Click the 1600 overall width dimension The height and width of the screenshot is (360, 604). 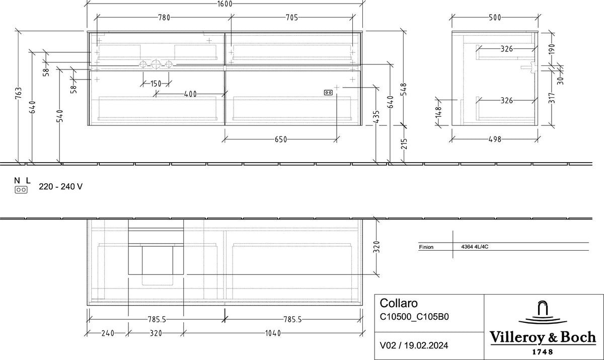[224, 4]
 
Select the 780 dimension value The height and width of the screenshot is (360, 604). [164, 18]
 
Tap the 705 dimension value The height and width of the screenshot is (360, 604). [292, 18]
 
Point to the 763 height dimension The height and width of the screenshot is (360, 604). [19, 93]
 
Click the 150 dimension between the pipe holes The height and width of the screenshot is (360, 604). [156, 84]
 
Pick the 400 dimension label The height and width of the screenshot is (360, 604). [190, 94]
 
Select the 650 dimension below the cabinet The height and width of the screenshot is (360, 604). [281, 139]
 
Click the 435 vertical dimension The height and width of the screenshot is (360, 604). [376, 116]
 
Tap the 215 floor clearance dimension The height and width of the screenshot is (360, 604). [404, 144]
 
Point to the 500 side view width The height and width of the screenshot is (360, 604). [495, 18]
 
